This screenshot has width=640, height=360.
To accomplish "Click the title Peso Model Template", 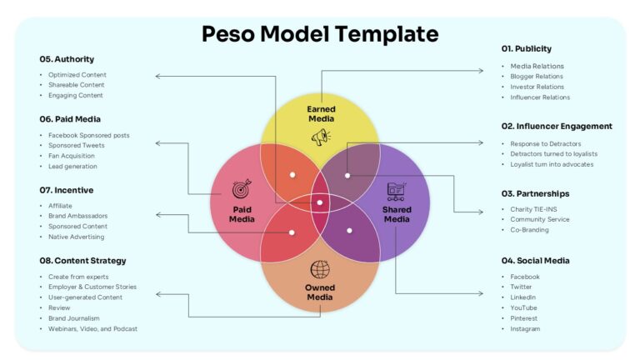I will pos(320,34).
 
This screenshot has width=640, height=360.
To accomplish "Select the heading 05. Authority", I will pos(67,59).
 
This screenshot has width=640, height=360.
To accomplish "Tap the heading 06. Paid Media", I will pos(70,119).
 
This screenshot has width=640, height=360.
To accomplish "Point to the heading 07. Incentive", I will pos(67,190).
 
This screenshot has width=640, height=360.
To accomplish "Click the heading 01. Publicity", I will pos(527,48).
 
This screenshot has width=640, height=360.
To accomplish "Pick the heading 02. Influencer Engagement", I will pos(557,126).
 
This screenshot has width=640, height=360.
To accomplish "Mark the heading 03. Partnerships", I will pos(535,193).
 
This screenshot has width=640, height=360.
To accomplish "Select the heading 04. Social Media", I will pos(535,261).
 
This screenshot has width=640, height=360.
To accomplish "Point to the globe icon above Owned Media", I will pos(320,269).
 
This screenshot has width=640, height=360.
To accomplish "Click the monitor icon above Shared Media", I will pos(397,191).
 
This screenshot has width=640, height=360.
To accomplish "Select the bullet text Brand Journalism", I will pos(74,318).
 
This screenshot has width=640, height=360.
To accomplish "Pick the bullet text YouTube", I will pos(524,307).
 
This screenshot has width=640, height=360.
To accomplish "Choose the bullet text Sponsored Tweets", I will pos(76,145).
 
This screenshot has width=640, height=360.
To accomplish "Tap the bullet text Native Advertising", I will pos(76,237).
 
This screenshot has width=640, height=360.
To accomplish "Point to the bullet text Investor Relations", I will pos(537,87).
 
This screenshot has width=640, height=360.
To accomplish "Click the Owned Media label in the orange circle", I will pos(320,292).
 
